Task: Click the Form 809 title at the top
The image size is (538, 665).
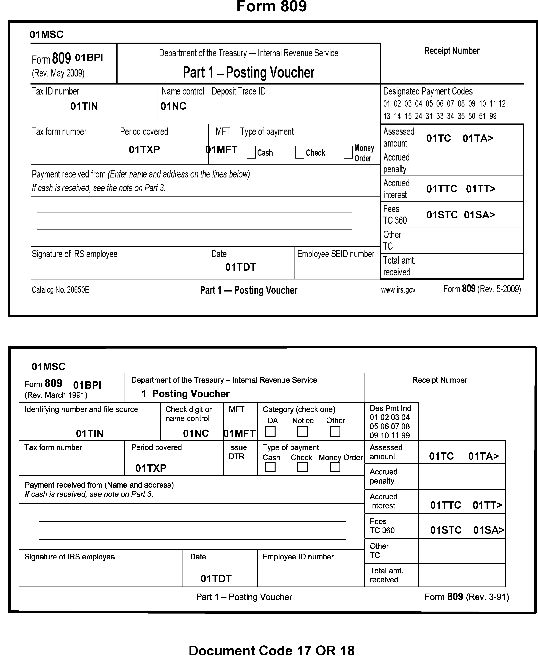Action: click(x=271, y=6)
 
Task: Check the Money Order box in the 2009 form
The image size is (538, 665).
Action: click(x=348, y=152)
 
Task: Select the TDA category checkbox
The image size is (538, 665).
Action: click(x=270, y=431)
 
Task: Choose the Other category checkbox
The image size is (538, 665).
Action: click(x=335, y=431)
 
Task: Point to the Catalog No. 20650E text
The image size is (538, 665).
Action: click(x=60, y=290)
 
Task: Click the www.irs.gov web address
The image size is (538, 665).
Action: click(x=398, y=290)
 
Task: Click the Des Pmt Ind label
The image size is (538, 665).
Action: click(x=390, y=408)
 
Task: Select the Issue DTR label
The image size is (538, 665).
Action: click(x=238, y=452)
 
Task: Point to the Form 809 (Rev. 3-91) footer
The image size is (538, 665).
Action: click(x=466, y=597)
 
